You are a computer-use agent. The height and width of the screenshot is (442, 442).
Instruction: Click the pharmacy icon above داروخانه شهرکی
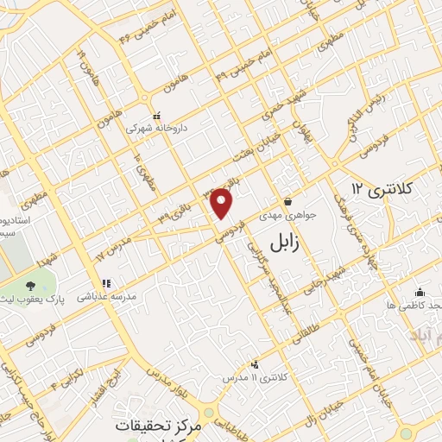(156, 116)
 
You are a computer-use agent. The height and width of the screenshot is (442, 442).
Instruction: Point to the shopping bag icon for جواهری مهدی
(286, 204)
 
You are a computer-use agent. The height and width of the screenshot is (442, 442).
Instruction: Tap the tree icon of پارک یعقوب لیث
(31, 285)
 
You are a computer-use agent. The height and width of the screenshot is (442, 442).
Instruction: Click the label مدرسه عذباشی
(107, 295)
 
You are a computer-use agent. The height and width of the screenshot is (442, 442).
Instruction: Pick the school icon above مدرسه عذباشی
(107, 282)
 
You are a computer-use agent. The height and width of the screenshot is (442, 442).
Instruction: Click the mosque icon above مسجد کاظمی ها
(420, 292)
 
